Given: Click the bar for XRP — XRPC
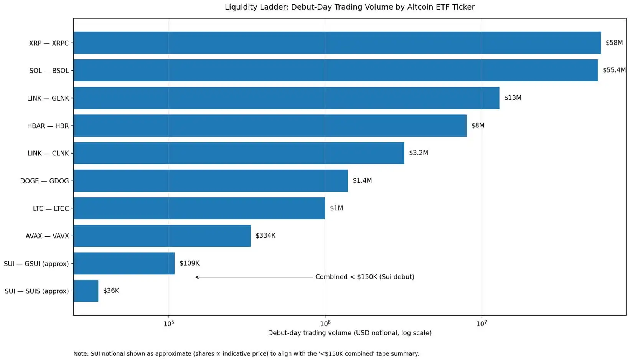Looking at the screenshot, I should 337,43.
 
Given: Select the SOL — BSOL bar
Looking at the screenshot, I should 335,70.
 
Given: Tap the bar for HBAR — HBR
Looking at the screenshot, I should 270,126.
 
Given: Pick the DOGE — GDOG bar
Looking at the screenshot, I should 211,181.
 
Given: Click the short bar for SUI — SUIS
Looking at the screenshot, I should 86,291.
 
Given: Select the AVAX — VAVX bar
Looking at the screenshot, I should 162,236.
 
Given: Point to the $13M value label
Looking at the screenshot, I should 513,98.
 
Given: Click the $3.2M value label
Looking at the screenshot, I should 418,153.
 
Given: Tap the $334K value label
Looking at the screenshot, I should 265,236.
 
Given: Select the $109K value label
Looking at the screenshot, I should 189,263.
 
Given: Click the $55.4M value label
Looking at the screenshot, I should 614,70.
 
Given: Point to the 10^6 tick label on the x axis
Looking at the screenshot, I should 325,324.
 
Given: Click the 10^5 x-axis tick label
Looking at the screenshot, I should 168,324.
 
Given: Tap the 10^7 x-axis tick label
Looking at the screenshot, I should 481,324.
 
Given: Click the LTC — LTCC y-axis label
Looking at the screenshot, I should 51,209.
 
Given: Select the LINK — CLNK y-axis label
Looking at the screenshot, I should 48,154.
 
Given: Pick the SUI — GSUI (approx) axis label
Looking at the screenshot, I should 36,264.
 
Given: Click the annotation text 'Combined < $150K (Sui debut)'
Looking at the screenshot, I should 364,277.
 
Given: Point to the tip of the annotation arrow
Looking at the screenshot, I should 196,277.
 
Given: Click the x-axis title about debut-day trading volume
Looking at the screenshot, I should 350,333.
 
